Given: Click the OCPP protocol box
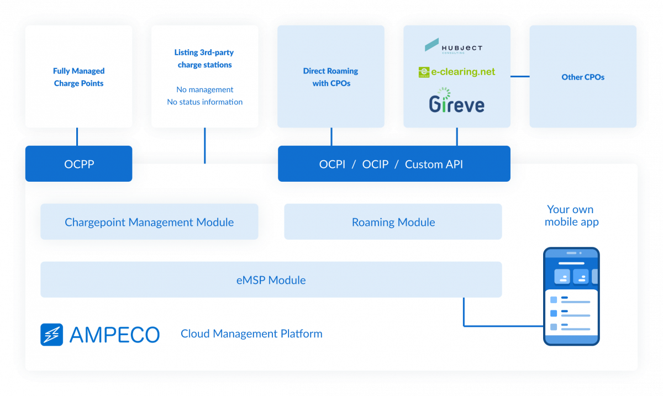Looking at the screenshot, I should coord(78,164).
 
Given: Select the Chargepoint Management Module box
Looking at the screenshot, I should coord(149,222).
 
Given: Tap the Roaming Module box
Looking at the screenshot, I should coord(393,222).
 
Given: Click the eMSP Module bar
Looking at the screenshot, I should coord(271,280).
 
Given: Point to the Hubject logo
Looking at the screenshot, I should coord(454,46).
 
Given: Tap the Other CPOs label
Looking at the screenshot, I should coord(583,77).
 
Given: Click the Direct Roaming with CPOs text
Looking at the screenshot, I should coord(330,77).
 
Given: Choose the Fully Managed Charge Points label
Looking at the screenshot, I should coord(78,77).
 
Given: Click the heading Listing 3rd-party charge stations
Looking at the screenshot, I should coord(204,59).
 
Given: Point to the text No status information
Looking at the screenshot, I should coord(204,102).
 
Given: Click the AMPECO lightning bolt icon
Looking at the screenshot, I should coord(52,335).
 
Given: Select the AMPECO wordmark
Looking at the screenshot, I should coord(114,335).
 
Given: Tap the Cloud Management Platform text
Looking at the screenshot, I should coord(251,334).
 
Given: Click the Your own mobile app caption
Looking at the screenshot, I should coord(571,215).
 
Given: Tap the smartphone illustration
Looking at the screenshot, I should coord(571,296).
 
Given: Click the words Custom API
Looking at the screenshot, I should coord(434,164).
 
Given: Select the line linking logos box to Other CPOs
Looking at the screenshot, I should coord(519,77).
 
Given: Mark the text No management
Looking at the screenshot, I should coord(204,89).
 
